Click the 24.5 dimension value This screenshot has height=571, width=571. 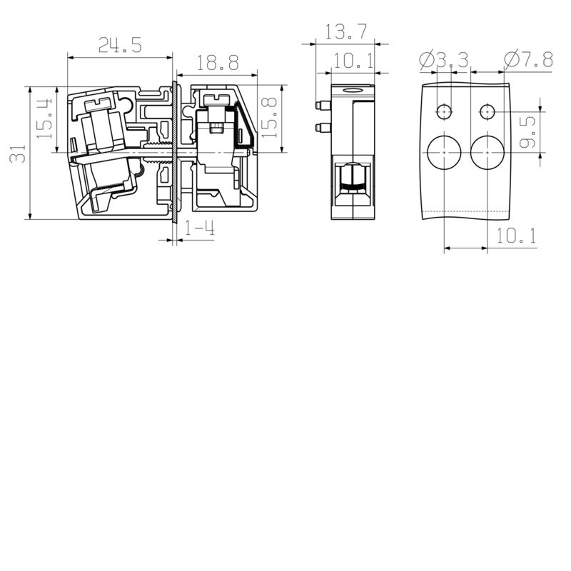[x=120, y=46]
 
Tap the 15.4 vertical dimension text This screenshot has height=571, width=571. [x=44, y=118]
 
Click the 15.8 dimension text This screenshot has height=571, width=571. [x=268, y=118]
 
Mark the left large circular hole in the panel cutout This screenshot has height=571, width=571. [x=444, y=153]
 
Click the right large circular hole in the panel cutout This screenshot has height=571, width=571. [x=487, y=153]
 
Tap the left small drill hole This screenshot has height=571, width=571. [x=444, y=112]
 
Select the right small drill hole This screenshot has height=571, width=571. [x=487, y=112]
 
